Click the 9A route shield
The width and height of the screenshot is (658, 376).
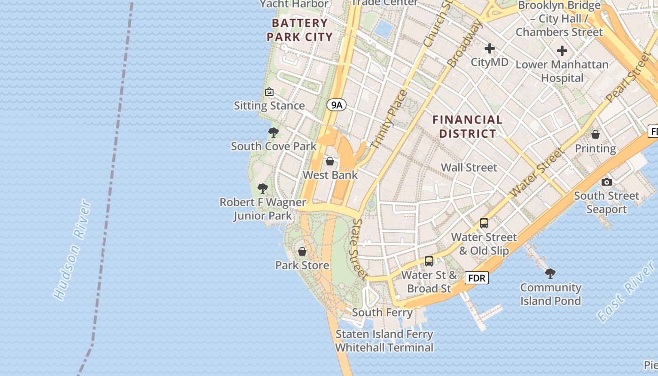click(x=336, y=105)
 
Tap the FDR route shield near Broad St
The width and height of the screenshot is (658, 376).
click(x=477, y=278)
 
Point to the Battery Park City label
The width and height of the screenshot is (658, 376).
click(x=299, y=30)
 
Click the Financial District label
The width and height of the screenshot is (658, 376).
click(x=467, y=127)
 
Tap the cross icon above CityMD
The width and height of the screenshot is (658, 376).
click(x=490, y=48)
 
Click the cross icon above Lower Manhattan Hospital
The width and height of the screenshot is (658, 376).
click(x=562, y=51)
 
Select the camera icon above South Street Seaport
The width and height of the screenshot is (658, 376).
click(x=606, y=182)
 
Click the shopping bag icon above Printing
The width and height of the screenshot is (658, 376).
click(x=595, y=135)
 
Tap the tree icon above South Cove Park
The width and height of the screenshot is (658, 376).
click(x=273, y=133)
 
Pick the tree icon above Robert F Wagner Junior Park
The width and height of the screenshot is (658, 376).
click(x=263, y=188)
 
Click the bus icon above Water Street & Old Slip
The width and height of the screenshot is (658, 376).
click(x=484, y=223)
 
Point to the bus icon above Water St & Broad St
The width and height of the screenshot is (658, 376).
click(x=429, y=261)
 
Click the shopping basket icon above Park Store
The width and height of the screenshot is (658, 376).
click(x=302, y=251)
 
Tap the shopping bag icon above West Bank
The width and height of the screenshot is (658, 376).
click(x=330, y=162)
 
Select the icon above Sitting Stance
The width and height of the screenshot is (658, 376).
click(x=269, y=92)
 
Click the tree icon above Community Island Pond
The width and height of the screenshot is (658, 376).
click(x=550, y=273)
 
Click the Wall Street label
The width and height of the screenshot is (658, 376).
click(x=469, y=167)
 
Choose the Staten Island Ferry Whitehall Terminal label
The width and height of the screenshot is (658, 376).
click(x=384, y=341)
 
